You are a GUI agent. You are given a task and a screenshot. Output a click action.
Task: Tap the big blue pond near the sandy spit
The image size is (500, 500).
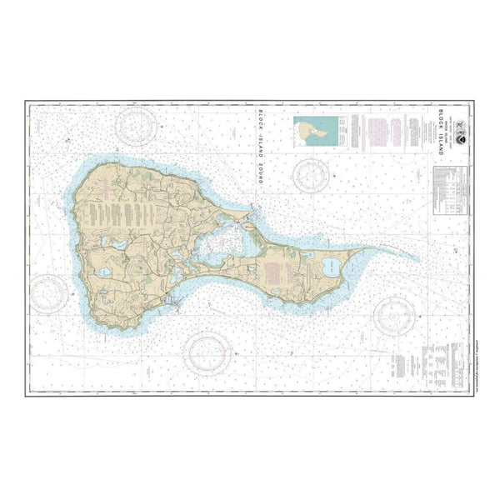(331, 268)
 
